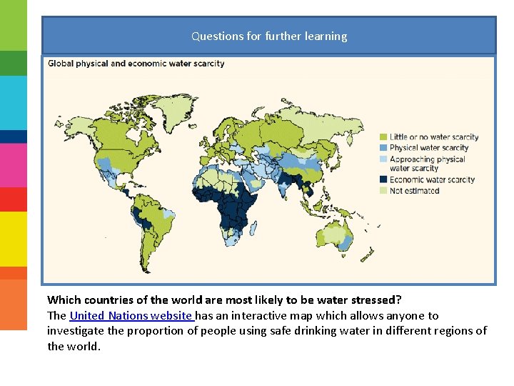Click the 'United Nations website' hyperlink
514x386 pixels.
coord(131,315)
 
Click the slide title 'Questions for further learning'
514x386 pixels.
coord(269,36)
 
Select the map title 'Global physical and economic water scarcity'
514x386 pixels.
coord(136,63)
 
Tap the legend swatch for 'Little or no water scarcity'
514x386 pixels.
coord(383,137)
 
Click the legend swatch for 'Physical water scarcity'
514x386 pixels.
coord(383,148)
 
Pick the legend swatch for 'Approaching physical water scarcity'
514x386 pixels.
coord(383,159)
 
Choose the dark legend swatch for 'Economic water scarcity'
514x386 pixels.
coord(383,180)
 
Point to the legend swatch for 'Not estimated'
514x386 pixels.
coord(383,191)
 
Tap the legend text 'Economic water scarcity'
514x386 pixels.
coord(432,180)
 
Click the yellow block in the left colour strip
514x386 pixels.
coord(14,239)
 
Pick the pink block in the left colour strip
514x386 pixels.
coord(14,165)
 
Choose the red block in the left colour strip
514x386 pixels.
coord(14,199)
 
